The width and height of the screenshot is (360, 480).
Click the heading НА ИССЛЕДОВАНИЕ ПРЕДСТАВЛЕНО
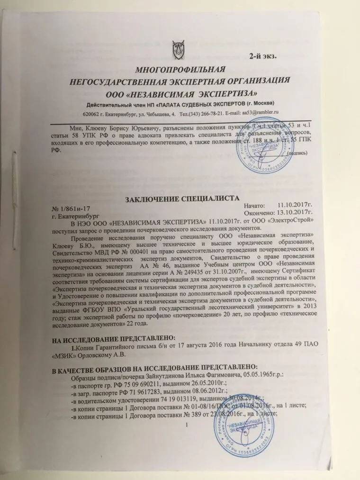click(x=113, y=337)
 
